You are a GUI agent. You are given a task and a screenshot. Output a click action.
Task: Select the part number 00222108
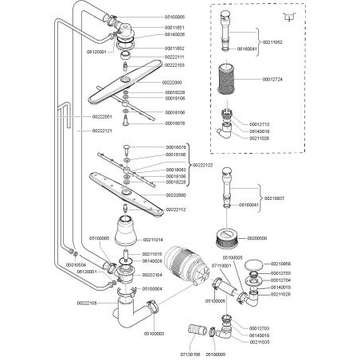pos(87,303)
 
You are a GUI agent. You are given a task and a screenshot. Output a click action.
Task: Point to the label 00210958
pos(281,264)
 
